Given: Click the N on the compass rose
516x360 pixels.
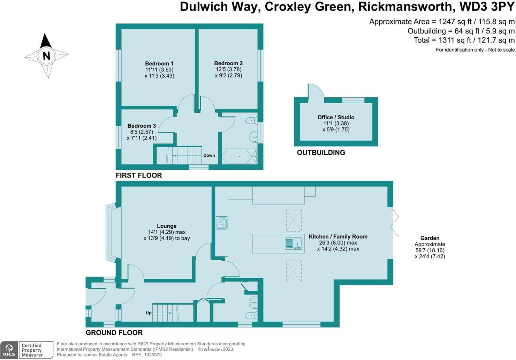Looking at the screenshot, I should [x=46, y=55].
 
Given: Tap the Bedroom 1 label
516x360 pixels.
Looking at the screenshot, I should [x=159, y=63].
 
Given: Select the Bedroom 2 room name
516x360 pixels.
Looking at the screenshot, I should [x=228, y=63].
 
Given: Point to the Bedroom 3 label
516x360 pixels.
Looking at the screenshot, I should [x=142, y=126].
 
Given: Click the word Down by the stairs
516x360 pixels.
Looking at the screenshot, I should [x=209, y=155].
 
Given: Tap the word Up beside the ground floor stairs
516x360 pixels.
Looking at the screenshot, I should [x=149, y=313].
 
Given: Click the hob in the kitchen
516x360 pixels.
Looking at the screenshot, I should [x=222, y=223].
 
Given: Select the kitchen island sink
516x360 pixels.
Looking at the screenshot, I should [x=294, y=243].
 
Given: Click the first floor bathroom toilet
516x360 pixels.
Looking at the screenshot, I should [x=251, y=121].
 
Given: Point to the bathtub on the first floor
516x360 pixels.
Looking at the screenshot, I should [x=240, y=157].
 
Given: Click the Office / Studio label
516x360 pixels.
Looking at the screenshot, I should [x=336, y=117].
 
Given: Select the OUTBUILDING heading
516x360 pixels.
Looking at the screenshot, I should [x=321, y=152].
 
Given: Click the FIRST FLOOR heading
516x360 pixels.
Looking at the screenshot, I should [x=139, y=175].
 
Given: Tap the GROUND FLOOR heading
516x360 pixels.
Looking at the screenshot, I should [x=114, y=332].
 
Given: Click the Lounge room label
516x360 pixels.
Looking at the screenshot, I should [x=167, y=226].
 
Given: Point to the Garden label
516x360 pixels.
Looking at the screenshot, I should [x=430, y=238].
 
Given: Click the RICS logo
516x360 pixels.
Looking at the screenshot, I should [x=9, y=350].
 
